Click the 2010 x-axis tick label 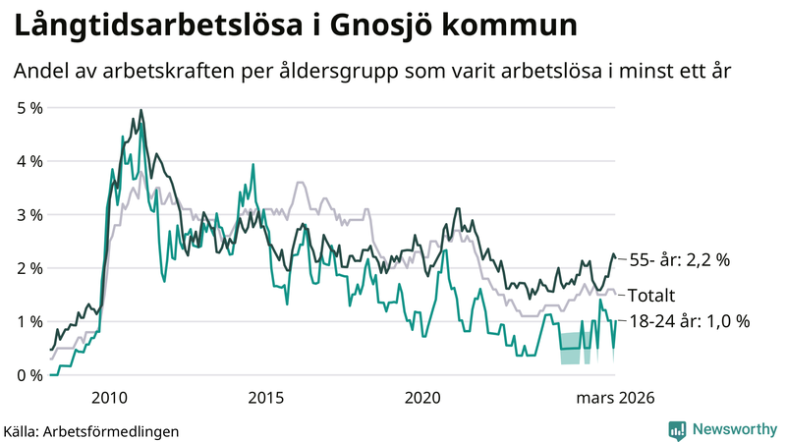(108, 397)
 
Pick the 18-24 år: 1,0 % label (690, 321)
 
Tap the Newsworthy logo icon (677, 429)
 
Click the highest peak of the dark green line (141, 110)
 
